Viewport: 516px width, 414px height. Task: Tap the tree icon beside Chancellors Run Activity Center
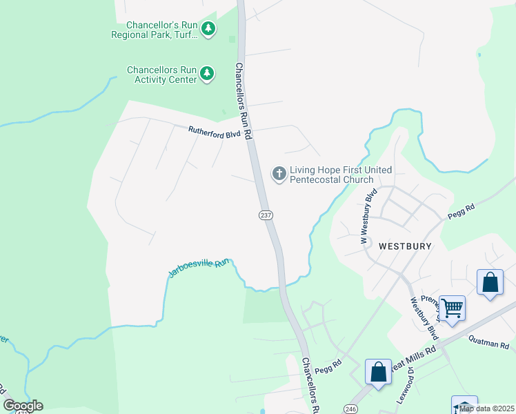click(x=207, y=74)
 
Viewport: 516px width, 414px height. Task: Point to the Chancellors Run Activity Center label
click(x=161, y=75)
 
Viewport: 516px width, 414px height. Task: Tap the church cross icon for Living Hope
click(x=279, y=173)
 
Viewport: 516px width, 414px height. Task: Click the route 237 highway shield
click(x=266, y=215)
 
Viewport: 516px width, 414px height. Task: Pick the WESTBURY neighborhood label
click(x=404, y=245)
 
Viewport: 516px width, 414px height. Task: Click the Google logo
click(x=23, y=405)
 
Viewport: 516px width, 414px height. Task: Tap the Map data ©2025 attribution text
click(x=486, y=408)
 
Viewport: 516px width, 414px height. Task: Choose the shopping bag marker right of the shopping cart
click(x=490, y=282)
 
